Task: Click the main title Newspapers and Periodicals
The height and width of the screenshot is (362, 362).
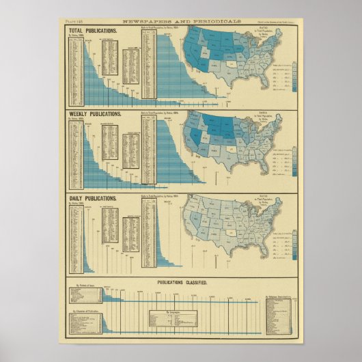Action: point(181,23)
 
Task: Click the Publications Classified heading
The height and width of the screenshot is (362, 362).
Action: point(180,281)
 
